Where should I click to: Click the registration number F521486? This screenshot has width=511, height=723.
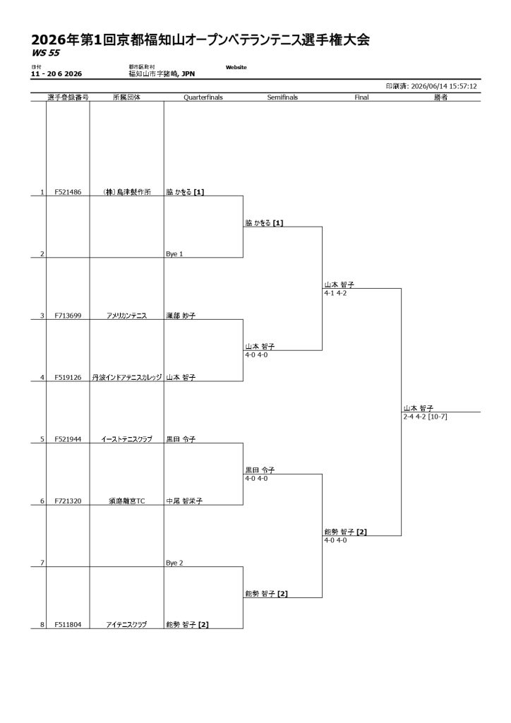[68, 192]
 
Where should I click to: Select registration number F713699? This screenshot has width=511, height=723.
[68, 316]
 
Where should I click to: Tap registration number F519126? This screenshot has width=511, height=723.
[68, 378]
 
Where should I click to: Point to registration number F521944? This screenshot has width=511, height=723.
[68, 439]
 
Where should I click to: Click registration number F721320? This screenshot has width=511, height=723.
[68, 501]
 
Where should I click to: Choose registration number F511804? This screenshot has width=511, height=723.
[68, 625]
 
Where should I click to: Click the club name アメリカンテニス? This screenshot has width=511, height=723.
[127, 316]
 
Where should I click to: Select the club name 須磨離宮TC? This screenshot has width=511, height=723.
[127, 501]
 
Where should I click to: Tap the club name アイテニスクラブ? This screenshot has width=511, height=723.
[127, 625]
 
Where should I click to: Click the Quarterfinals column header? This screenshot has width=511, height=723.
[203, 97]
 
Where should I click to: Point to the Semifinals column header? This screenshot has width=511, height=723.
[282, 97]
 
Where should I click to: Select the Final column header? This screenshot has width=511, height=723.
[361, 97]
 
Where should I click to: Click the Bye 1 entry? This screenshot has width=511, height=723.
[174, 254]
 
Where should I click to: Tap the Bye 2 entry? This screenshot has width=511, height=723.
[174, 563]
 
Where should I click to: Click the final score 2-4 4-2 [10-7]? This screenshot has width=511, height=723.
[426, 417]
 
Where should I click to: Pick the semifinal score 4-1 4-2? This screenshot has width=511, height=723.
[335, 293]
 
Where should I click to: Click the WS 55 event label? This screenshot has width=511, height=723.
[46, 53]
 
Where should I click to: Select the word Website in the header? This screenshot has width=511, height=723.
[236, 67]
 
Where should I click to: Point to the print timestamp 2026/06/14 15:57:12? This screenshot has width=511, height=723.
[444, 86]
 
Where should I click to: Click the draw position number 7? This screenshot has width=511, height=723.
[42, 563]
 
